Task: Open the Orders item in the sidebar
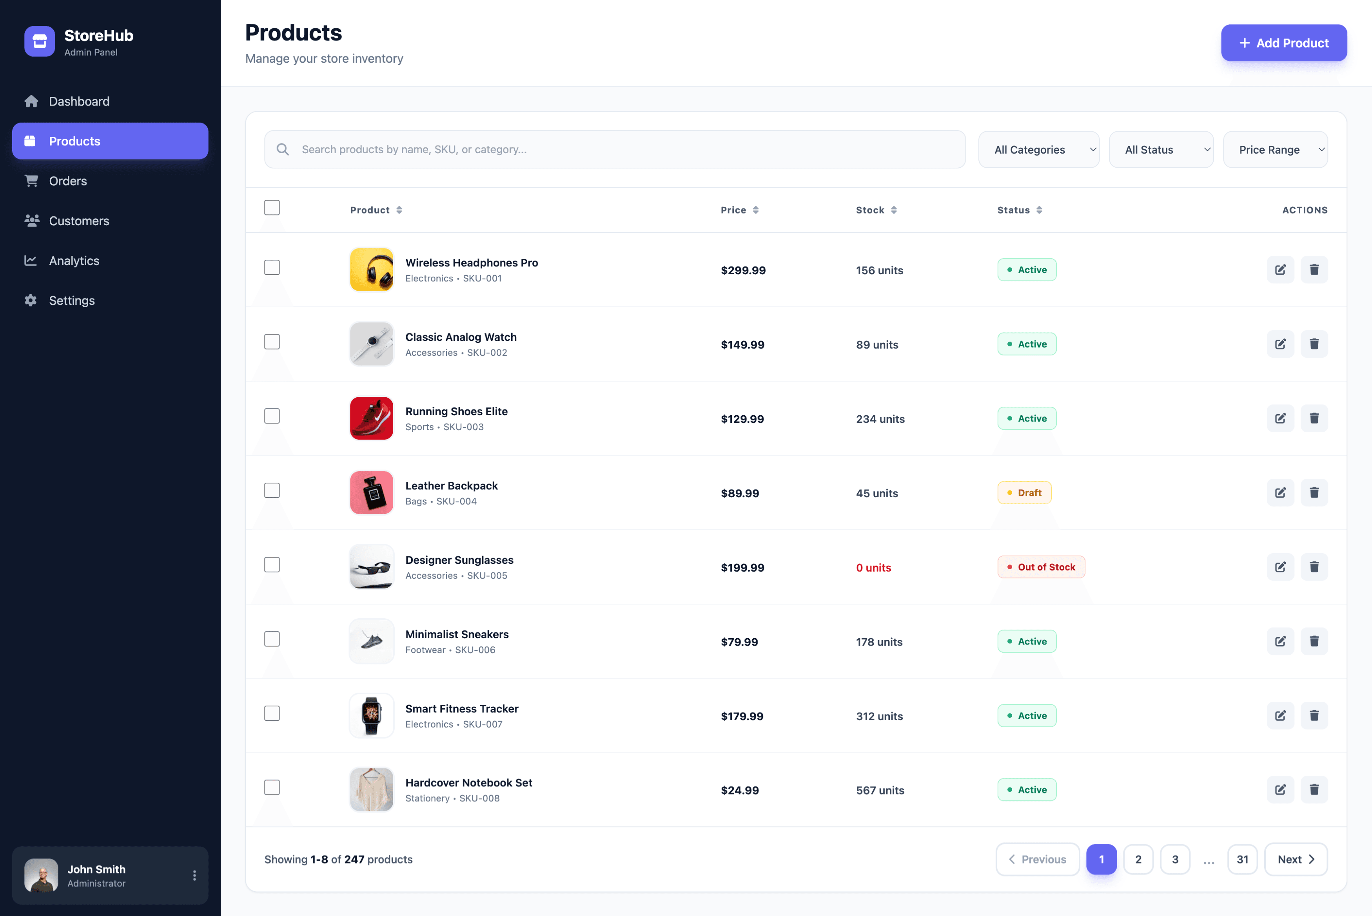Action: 68,181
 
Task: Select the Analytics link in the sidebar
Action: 74,261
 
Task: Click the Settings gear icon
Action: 31,300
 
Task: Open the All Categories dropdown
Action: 1038,150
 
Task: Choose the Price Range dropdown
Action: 1275,150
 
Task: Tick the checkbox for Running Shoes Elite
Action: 272,416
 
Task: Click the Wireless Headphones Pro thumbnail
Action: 372,270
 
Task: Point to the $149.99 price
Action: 742,345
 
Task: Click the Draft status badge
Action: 1024,493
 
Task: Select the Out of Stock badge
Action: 1041,567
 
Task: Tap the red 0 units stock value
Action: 873,568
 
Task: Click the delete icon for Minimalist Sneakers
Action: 1314,641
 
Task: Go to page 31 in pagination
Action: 1242,859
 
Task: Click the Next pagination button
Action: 1296,859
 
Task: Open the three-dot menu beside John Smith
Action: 194,875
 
